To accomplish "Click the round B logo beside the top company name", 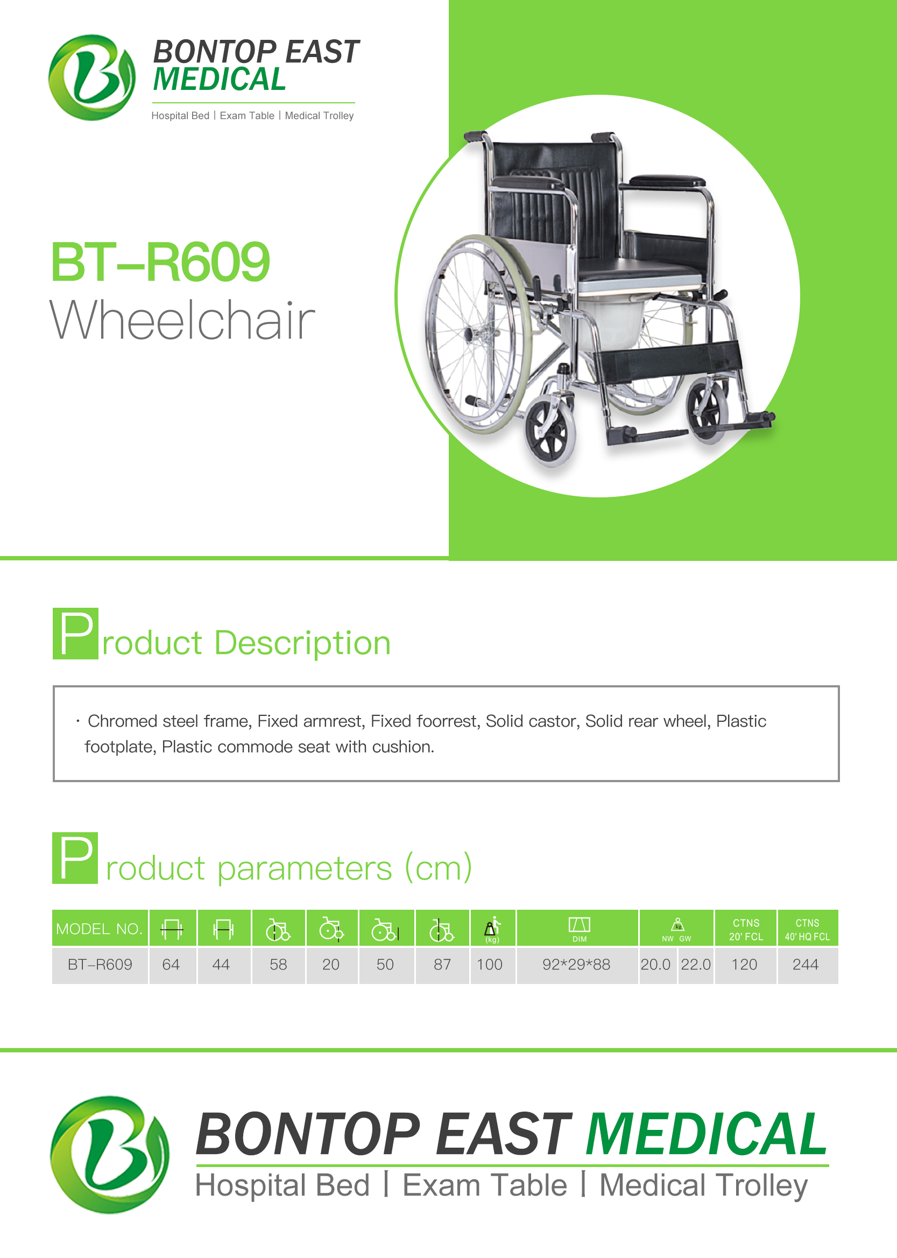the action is (91, 78).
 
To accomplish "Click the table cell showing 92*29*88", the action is (576, 965).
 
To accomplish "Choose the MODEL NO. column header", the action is (100, 929).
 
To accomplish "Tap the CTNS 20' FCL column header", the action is (746, 929).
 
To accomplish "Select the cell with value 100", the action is (490, 965).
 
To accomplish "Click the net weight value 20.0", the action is (655, 965).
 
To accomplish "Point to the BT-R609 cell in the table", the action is (100, 965).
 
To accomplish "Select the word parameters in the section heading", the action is (305, 868).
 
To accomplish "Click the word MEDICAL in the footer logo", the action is (707, 1134).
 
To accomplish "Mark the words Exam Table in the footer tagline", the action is (484, 1185).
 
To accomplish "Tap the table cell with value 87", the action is (442, 965).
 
